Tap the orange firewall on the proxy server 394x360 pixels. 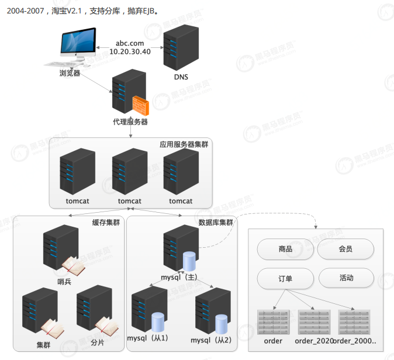[140, 105]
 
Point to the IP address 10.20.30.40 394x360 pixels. [130, 51]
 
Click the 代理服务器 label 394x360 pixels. [130, 122]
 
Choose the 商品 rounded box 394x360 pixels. [282, 249]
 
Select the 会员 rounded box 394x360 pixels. [345, 249]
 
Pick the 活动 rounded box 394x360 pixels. [346, 278]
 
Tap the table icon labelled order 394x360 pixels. [273, 321]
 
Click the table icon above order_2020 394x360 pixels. [314, 321]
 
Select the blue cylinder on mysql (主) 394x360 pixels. [189, 261]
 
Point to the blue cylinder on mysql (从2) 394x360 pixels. [221, 323]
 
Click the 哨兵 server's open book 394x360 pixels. [74, 266]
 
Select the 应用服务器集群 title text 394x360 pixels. [184, 144]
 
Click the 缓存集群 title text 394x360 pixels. [105, 223]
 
